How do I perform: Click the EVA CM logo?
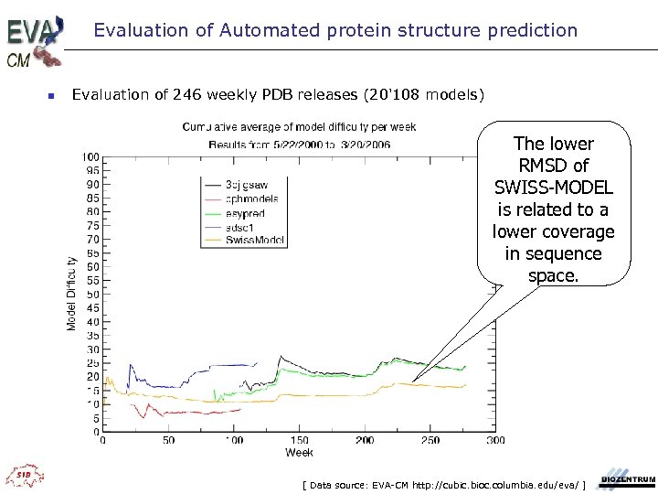point(35,39)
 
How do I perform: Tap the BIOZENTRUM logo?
point(627,479)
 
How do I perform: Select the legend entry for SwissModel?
point(260,241)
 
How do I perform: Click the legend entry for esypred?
point(245,213)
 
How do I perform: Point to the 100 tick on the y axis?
point(92,156)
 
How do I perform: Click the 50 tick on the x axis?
point(168,440)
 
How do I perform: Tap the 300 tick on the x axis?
point(495,440)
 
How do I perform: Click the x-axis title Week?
point(299,452)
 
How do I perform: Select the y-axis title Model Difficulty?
point(71,293)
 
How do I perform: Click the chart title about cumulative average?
point(299,127)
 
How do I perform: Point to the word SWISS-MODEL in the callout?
point(553,188)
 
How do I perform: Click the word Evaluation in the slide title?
point(134,30)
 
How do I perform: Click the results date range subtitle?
point(299,144)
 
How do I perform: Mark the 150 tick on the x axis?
point(299,440)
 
